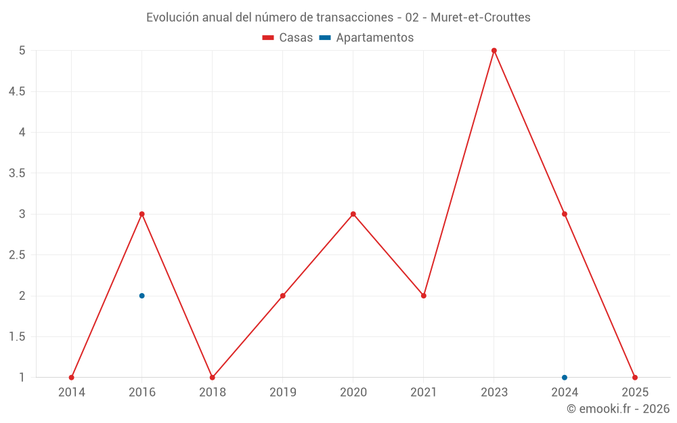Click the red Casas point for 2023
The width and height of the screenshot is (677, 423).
pyautogui.click(x=494, y=51)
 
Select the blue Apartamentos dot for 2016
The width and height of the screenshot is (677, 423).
pyautogui.click(x=142, y=296)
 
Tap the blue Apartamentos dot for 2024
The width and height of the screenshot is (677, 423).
pyautogui.click(x=565, y=378)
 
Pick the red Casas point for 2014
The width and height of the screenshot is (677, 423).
pyautogui.click(x=72, y=378)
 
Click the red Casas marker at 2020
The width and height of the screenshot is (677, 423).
pyautogui.click(x=353, y=214)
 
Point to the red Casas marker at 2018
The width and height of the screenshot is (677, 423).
pyautogui.click(x=213, y=378)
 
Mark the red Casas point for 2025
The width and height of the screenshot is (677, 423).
pyautogui.click(x=635, y=378)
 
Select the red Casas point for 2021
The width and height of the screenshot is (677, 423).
pyautogui.click(x=424, y=296)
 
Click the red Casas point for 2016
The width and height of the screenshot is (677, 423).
pyautogui.click(x=142, y=214)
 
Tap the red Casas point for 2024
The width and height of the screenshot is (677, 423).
pyautogui.click(x=565, y=214)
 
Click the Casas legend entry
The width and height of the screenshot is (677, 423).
pyautogui.click(x=288, y=38)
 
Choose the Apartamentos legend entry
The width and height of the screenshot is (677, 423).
pyautogui.click(x=366, y=38)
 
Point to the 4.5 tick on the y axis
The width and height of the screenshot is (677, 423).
pyautogui.click(x=17, y=91)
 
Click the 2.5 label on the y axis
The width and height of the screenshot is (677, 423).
pyautogui.click(x=17, y=255)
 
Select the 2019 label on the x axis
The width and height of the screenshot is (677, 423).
pyautogui.click(x=283, y=392)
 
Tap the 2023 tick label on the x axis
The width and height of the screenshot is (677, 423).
pyautogui.click(x=494, y=392)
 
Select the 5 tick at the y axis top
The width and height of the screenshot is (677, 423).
pyautogui.click(x=22, y=51)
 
